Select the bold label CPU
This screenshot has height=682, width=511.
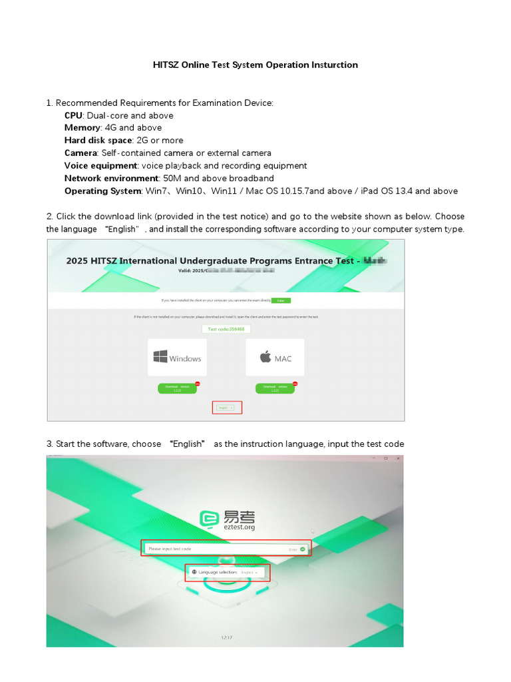coord(73,115)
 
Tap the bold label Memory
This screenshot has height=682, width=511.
coord(83,128)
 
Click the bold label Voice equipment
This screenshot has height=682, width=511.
coord(100,166)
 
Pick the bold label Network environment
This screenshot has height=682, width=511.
coord(111,178)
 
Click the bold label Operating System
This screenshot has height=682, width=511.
coord(102,191)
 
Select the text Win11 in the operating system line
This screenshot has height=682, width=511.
coord(229,191)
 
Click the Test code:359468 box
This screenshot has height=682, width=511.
coord(226,329)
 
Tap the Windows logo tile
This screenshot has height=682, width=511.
coord(177,358)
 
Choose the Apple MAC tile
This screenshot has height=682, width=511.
coord(275,358)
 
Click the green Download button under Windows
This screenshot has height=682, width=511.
coord(177,388)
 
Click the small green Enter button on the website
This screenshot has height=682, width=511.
coord(281,300)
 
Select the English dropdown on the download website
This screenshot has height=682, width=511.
coord(226,408)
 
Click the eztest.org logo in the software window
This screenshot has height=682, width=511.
coord(227,520)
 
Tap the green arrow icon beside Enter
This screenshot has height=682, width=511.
coord(303,549)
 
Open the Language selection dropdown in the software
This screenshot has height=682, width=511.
coord(227,572)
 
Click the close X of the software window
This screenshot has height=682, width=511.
coord(398,458)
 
